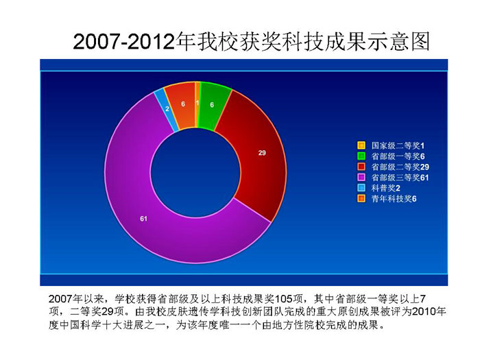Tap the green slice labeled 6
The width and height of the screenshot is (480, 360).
pyautogui.click(x=213, y=106)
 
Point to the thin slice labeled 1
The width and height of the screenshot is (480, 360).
pyautogui.click(x=197, y=104)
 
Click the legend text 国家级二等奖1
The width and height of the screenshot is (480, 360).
pyautogui.click(x=398, y=145)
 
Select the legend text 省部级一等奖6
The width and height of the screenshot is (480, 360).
pyautogui.click(x=398, y=156)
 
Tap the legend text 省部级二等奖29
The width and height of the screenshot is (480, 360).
pyautogui.click(x=400, y=167)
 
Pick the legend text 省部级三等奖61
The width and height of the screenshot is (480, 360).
pyautogui.click(x=400, y=178)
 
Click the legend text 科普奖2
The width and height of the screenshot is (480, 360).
pyautogui.click(x=385, y=189)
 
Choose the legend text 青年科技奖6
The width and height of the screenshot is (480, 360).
pyautogui.click(x=394, y=199)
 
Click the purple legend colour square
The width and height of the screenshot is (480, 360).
pyautogui.click(x=361, y=178)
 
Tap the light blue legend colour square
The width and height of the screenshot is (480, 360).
pyautogui.click(x=361, y=188)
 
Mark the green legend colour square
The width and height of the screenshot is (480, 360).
pyautogui.click(x=361, y=156)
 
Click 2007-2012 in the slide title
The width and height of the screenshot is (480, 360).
pyautogui.click(x=124, y=41)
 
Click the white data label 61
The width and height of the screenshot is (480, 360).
pyautogui.click(x=143, y=219)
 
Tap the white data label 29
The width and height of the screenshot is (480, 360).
pyautogui.click(x=262, y=153)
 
